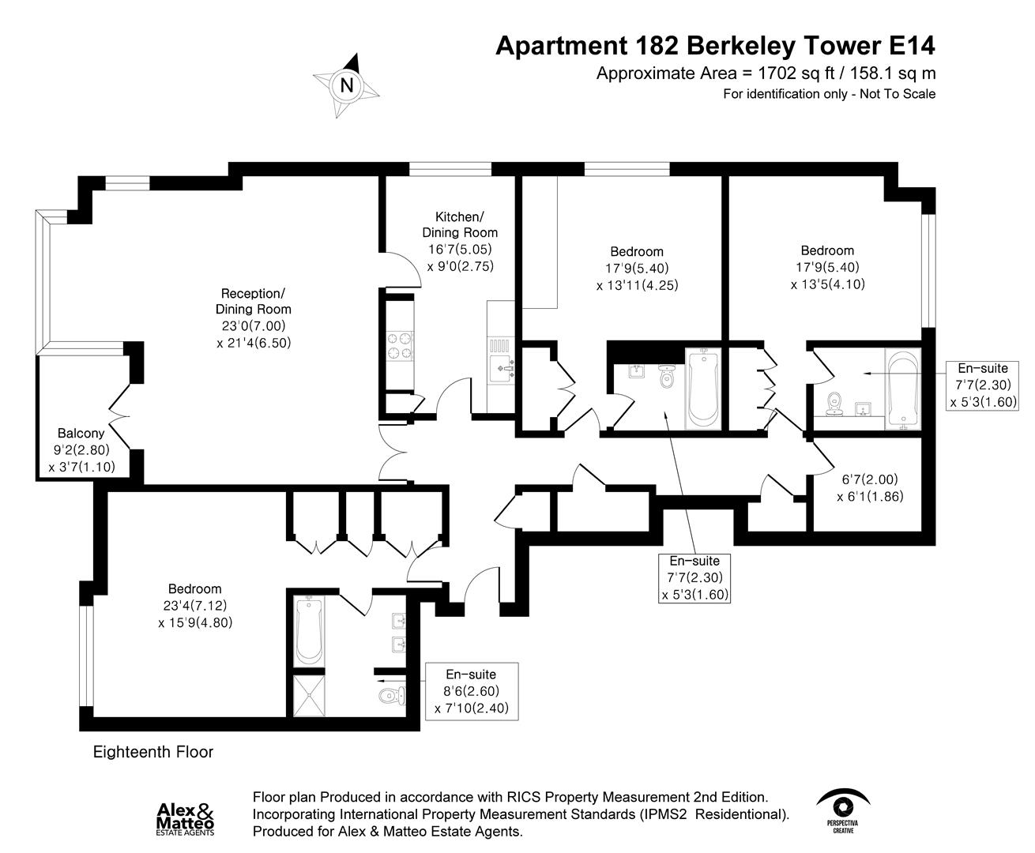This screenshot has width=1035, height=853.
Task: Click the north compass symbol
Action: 346,83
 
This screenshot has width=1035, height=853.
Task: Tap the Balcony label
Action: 81,434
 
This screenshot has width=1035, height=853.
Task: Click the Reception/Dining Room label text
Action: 253,301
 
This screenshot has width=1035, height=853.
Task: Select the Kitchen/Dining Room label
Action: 460,224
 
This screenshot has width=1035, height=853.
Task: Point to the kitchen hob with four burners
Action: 399,345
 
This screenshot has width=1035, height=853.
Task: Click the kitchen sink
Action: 502,366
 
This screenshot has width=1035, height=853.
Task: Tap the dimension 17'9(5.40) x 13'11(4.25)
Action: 637,276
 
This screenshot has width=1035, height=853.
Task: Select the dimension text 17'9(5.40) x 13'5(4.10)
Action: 827,276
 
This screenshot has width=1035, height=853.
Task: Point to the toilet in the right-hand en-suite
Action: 833,405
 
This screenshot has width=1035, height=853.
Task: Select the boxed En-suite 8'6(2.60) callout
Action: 472,691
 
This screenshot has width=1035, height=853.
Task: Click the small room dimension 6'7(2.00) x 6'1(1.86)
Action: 869,487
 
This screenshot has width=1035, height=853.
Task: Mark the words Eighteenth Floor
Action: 153,752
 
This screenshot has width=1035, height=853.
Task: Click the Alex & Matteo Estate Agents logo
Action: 186,818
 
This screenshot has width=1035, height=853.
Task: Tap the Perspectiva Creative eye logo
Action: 844,810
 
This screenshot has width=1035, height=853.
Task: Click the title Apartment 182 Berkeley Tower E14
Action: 715,46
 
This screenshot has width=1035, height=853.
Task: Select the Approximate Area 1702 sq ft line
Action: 766,73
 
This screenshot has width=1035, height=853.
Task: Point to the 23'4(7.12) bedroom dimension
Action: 194,606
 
